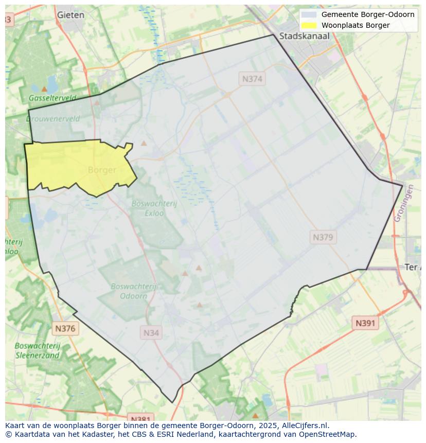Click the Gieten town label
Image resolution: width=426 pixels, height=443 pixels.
[70, 15]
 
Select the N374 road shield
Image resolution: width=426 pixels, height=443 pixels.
[252, 79]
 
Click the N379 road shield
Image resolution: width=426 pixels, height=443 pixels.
[323, 237]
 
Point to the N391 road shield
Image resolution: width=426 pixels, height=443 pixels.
[365, 323]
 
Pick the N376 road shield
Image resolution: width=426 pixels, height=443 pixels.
[65, 328]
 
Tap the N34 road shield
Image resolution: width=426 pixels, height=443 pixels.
[151, 333]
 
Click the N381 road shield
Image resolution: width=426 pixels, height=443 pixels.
[140, 418]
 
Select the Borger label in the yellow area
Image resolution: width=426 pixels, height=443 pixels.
[102, 170]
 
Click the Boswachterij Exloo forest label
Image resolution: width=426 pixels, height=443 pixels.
[154, 208]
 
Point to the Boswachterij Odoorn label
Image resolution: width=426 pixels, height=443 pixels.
[133, 291]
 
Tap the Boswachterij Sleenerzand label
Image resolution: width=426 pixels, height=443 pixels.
[38, 350]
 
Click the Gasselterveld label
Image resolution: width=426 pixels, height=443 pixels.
[52, 98]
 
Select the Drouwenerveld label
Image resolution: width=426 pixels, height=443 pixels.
[52, 119]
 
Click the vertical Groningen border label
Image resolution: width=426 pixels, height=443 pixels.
[403, 204]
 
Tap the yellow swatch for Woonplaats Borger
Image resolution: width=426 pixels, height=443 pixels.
[309, 25]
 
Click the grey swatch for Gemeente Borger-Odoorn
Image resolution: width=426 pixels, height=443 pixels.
[309, 14]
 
